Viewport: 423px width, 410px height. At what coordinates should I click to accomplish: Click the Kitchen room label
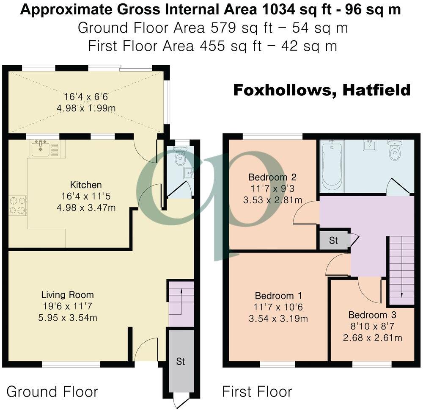tap(86, 185)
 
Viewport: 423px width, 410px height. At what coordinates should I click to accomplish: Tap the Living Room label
tap(67, 295)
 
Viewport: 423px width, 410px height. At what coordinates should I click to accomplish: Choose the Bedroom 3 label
tap(372, 315)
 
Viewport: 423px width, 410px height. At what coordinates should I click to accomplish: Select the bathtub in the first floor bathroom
tap(332, 166)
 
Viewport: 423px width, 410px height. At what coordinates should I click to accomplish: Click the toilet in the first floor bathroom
tap(394, 150)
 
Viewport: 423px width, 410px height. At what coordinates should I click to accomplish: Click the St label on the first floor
tap(334, 241)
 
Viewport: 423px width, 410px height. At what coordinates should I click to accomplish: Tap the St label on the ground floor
tap(181, 362)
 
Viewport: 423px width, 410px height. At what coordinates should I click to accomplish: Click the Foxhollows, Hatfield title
tap(321, 90)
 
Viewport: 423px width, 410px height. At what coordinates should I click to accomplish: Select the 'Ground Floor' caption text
tap(52, 391)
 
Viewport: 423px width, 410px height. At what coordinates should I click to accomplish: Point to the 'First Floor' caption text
tap(257, 391)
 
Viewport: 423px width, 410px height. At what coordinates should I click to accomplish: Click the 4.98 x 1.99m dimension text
tap(86, 108)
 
